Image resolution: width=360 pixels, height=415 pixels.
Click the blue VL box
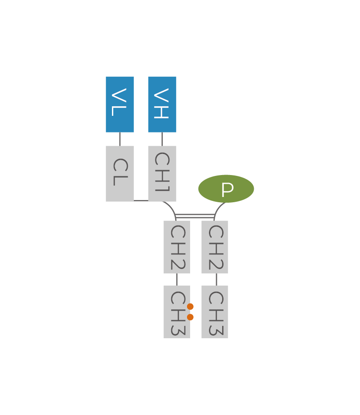[119, 104]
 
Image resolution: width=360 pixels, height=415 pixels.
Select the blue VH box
[162, 104]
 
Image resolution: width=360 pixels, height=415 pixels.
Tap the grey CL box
[119, 173]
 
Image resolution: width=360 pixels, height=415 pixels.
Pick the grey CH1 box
[162, 173]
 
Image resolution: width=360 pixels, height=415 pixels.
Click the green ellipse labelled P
[226, 189]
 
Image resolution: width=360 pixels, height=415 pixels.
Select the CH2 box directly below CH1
[176, 247]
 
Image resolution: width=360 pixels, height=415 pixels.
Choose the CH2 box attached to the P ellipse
[215, 247]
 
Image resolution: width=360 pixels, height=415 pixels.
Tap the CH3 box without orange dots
[215, 312]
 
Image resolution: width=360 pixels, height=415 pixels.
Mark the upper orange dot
[190, 307]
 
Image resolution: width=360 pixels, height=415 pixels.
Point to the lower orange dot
[190, 317]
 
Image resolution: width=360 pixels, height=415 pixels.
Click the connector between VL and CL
[119, 139]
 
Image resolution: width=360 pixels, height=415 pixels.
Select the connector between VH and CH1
[162, 139]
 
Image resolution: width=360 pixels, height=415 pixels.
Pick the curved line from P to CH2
[218, 208]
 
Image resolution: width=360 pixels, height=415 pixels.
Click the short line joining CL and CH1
[140, 200]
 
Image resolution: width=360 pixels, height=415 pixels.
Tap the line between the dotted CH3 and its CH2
[176, 279]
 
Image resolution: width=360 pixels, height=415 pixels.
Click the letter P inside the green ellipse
[227, 190]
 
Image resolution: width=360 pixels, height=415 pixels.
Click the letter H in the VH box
[162, 111]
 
